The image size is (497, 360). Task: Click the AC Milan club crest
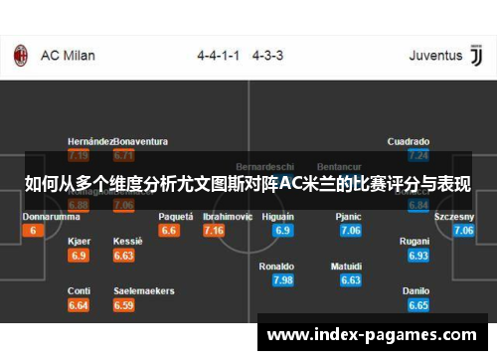pyautogui.click(x=21, y=55)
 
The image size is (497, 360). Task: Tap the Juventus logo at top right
pyautogui.click(x=475, y=55)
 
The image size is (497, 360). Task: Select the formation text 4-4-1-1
pyautogui.click(x=218, y=56)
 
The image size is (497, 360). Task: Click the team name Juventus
pyautogui.click(x=435, y=56)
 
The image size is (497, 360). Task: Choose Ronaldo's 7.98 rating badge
pyautogui.click(x=282, y=280)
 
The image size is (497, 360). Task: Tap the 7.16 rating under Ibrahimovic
pyautogui.click(x=213, y=231)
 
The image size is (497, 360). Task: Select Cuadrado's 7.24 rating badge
pyautogui.click(x=418, y=155)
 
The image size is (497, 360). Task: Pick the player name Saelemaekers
pyautogui.click(x=144, y=291)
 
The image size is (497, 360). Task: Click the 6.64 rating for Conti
pyautogui.click(x=79, y=305)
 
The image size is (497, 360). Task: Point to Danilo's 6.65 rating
pyautogui.click(x=418, y=305)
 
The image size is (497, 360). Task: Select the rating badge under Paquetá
pyautogui.click(x=169, y=231)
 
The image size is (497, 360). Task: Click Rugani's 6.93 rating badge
pyautogui.click(x=418, y=256)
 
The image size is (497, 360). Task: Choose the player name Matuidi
pyautogui.click(x=347, y=267)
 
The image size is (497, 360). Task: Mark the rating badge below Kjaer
pyautogui.click(x=79, y=256)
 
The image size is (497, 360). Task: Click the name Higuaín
pyautogui.click(x=277, y=216)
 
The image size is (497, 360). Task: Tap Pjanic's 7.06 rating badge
pyautogui.click(x=350, y=231)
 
